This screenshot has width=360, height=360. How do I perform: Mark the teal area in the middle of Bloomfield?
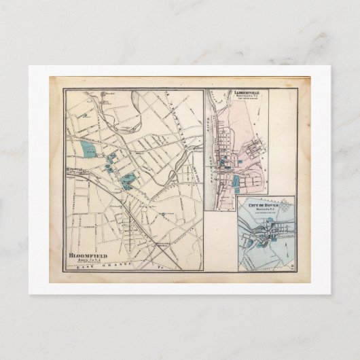[126, 179]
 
